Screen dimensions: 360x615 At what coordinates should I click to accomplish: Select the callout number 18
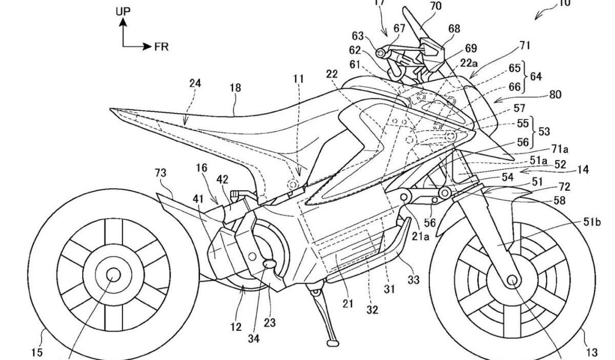[235, 88]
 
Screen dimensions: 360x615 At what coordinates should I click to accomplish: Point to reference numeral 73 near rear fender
[160, 173]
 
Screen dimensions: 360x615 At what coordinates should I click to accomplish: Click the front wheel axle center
[511, 279]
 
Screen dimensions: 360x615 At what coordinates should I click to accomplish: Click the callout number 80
[555, 94]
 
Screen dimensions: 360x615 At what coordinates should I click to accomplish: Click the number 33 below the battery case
[414, 280]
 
